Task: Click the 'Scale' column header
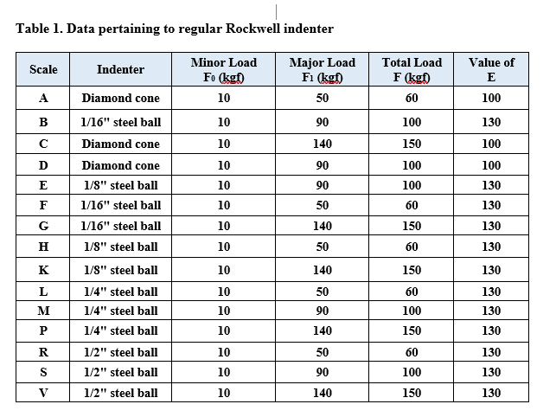pyautogui.click(x=43, y=69)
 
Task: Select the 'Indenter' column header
pyautogui.click(x=120, y=69)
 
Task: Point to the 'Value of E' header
pyautogui.click(x=491, y=69)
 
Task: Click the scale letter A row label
pyautogui.click(x=43, y=99)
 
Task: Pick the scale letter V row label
pyautogui.click(x=43, y=393)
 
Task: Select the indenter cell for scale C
pyautogui.click(x=120, y=144)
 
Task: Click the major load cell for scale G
pyautogui.click(x=323, y=227)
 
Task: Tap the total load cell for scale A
pyautogui.click(x=412, y=99)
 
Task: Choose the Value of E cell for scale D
pyautogui.click(x=491, y=165)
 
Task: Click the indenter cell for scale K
pyautogui.click(x=120, y=270)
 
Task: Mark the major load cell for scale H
pyautogui.click(x=323, y=247)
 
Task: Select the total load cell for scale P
pyautogui.click(x=412, y=330)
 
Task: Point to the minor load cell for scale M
pyautogui.click(x=224, y=311)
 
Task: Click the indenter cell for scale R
pyautogui.click(x=120, y=352)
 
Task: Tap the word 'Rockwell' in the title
pyautogui.click(x=252, y=29)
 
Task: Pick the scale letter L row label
pyautogui.click(x=43, y=292)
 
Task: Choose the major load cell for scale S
pyautogui.click(x=323, y=372)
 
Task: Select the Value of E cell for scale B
pyautogui.click(x=491, y=122)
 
